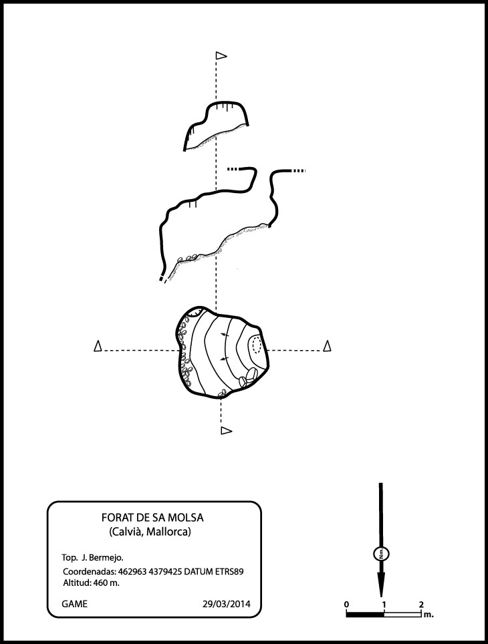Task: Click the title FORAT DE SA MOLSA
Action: click(152, 518)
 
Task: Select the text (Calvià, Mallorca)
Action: click(150, 532)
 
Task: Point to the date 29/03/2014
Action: click(226, 604)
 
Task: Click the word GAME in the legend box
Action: click(74, 604)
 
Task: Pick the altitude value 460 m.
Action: click(106, 583)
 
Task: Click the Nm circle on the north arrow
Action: click(381, 554)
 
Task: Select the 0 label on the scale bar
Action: click(346, 604)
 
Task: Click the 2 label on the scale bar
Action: click(421, 604)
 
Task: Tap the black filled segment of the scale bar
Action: click(365, 614)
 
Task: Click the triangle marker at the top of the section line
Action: click(221, 55)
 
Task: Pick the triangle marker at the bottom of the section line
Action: click(227, 430)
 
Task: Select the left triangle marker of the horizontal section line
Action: click(98, 346)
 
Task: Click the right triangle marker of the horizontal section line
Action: click(328, 346)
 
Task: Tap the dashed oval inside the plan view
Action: click(257, 344)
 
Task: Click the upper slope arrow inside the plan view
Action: click(224, 335)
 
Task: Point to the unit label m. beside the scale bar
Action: click(429, 615)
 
